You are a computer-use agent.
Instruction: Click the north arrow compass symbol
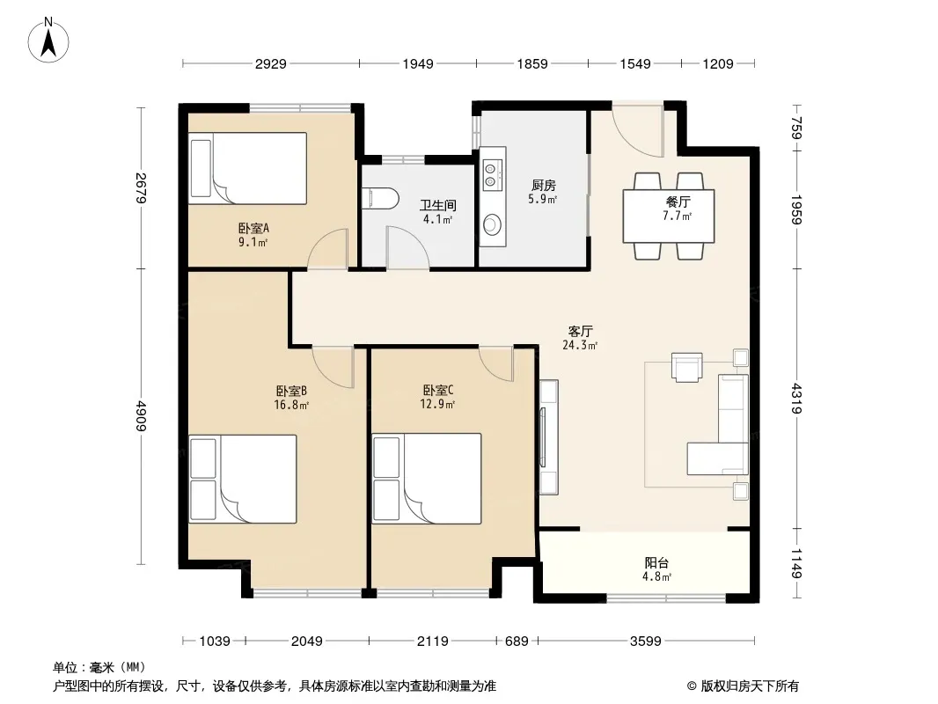point(48,40)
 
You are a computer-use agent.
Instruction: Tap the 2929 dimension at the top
point(271,63)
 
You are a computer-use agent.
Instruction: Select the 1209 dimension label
point(718,63)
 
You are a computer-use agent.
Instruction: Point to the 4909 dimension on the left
point(141,415)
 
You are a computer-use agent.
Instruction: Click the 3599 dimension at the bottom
point(646,642)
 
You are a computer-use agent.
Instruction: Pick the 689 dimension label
point(517,642)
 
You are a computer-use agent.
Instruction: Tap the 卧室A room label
point(253,228)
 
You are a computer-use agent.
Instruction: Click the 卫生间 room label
point(438,205)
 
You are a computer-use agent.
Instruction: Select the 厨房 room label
point(543,186)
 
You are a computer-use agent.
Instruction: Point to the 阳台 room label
point(656,563)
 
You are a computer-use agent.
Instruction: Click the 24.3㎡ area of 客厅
point(580,345)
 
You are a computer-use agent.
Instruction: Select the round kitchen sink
point(493,225)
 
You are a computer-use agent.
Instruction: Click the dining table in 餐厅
point(668,216)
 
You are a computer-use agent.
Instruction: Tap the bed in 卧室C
point(427,479)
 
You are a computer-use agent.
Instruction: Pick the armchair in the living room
point(686,367)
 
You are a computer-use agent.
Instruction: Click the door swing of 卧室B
point(333,367)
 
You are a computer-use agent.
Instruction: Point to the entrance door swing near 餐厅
point(638,132)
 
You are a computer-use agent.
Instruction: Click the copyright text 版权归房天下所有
point(750,686)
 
